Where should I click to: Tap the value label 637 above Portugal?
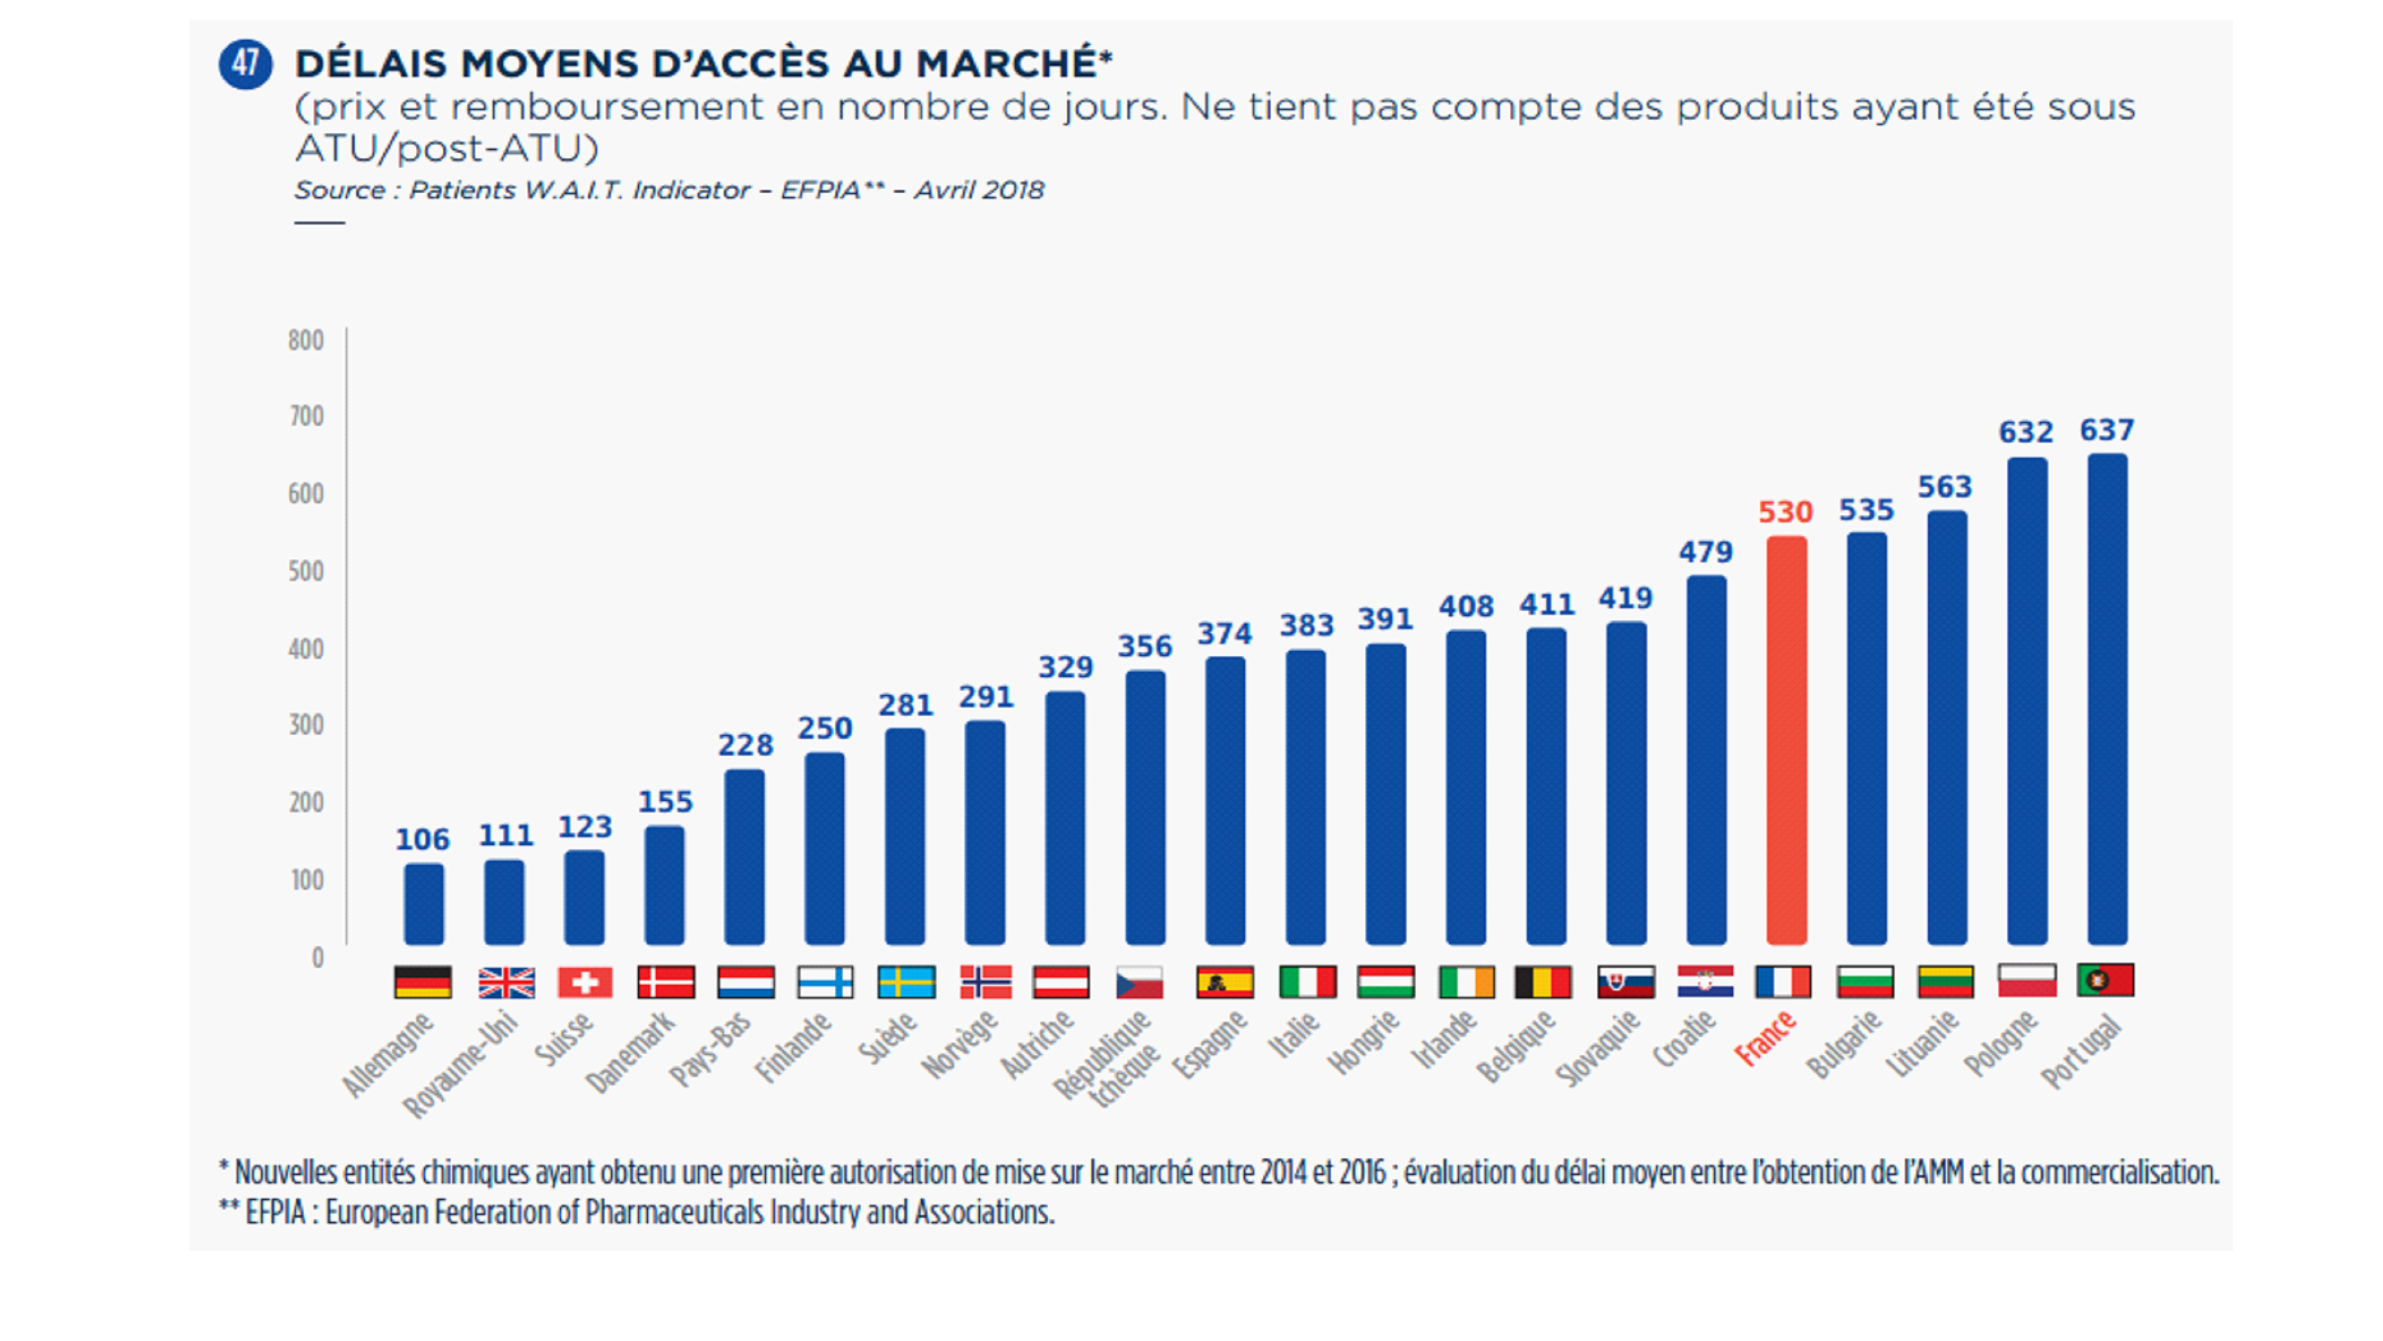point(2107,431)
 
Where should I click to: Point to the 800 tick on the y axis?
point(306,340)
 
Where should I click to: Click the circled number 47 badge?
point(245,64)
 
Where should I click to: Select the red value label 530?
point(1785,512)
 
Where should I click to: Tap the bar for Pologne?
point(2027,701)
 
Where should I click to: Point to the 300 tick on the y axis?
point(306,724)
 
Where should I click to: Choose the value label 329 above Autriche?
point(1065,667)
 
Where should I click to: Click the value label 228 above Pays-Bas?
point(745,745)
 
